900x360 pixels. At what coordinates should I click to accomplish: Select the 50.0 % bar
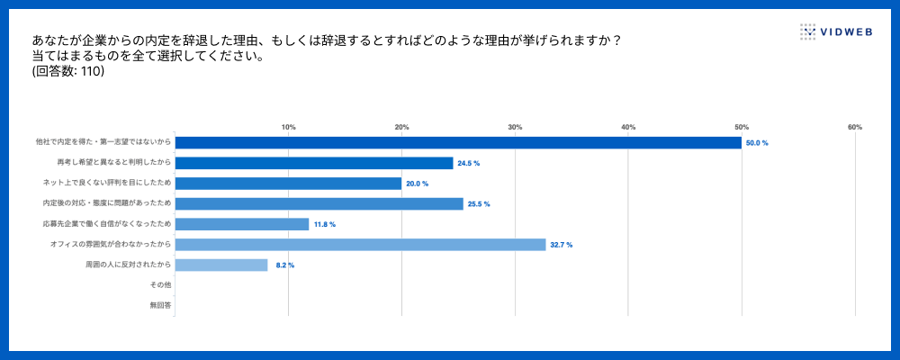click(x=458, y=142)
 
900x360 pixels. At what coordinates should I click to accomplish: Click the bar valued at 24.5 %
click(x=314, y=163)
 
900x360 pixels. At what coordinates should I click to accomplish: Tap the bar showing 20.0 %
click(x=289, y=184)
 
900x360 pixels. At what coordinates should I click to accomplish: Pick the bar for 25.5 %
click(x=319, y=204)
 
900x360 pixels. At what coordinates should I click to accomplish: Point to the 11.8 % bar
click(x=242, y=224)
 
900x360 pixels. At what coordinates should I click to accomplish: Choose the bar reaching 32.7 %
click(x=360, y=245)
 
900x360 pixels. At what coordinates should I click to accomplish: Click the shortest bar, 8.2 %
click(x=221, y=265)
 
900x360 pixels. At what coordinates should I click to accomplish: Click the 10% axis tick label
click(x=289, y=127)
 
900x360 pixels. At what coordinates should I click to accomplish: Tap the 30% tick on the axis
click(x=515, y=127)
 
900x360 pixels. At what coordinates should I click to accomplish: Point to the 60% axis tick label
click(x=855, y=127)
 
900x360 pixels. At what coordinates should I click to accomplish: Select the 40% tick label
click(x=628, y=127)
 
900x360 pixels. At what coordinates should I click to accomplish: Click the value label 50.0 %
click(x=757, y=143)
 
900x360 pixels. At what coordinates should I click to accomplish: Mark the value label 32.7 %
click(x=562, y=245)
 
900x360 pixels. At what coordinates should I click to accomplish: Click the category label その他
click(x=160, y=285)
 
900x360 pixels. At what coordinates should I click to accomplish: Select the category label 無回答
click(x=160, y=306)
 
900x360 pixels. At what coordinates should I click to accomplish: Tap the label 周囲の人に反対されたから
click(x=128, y=265)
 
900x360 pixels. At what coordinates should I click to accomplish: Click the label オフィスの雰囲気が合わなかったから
click(x=112, y=245)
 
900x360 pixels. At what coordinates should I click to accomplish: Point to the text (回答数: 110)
click(x=68, y=72)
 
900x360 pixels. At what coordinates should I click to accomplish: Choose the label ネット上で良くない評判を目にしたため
click(x=107, y=184)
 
